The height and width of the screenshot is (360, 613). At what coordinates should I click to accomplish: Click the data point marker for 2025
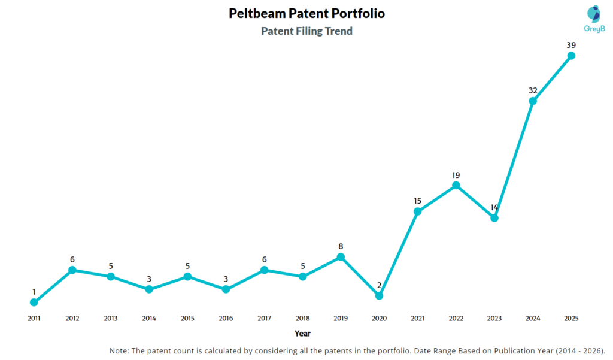tap(571, 56)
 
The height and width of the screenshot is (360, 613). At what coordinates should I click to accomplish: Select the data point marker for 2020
tap(379, 295)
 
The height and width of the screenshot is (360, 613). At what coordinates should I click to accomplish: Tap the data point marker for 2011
tap(34, 302)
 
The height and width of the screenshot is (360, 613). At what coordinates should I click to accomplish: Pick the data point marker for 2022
tap(456, 186)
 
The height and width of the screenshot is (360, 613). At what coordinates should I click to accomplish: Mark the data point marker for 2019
tap(341, 257)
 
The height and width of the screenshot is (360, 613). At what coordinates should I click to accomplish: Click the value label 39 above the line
tap(571, 45)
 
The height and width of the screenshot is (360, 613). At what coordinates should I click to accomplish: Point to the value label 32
tap(533, 90)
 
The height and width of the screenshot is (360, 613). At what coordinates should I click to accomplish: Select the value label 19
tap(456, 175)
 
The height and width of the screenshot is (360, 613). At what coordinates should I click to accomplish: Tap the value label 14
tap(494, 207)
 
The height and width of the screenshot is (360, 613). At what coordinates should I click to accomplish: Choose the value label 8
tap(341, 246)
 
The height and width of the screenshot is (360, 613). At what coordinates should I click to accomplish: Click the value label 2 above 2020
tap(379, 285)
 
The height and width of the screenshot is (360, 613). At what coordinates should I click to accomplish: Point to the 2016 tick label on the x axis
tap(226, 319)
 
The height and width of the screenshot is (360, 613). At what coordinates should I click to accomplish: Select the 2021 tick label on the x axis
tap(417, 319)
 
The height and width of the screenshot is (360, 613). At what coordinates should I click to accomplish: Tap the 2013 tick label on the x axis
tap(110, 319)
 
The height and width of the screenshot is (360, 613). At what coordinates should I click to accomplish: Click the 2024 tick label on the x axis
tap(533, 319)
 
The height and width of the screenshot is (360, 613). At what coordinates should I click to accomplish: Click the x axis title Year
tap(302, 333)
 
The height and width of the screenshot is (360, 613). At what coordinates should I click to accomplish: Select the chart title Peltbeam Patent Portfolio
tap(306, 13)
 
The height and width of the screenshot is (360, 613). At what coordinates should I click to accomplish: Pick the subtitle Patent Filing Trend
tap(306, 31)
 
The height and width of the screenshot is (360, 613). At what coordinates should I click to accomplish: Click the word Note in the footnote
tap(120, 350)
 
